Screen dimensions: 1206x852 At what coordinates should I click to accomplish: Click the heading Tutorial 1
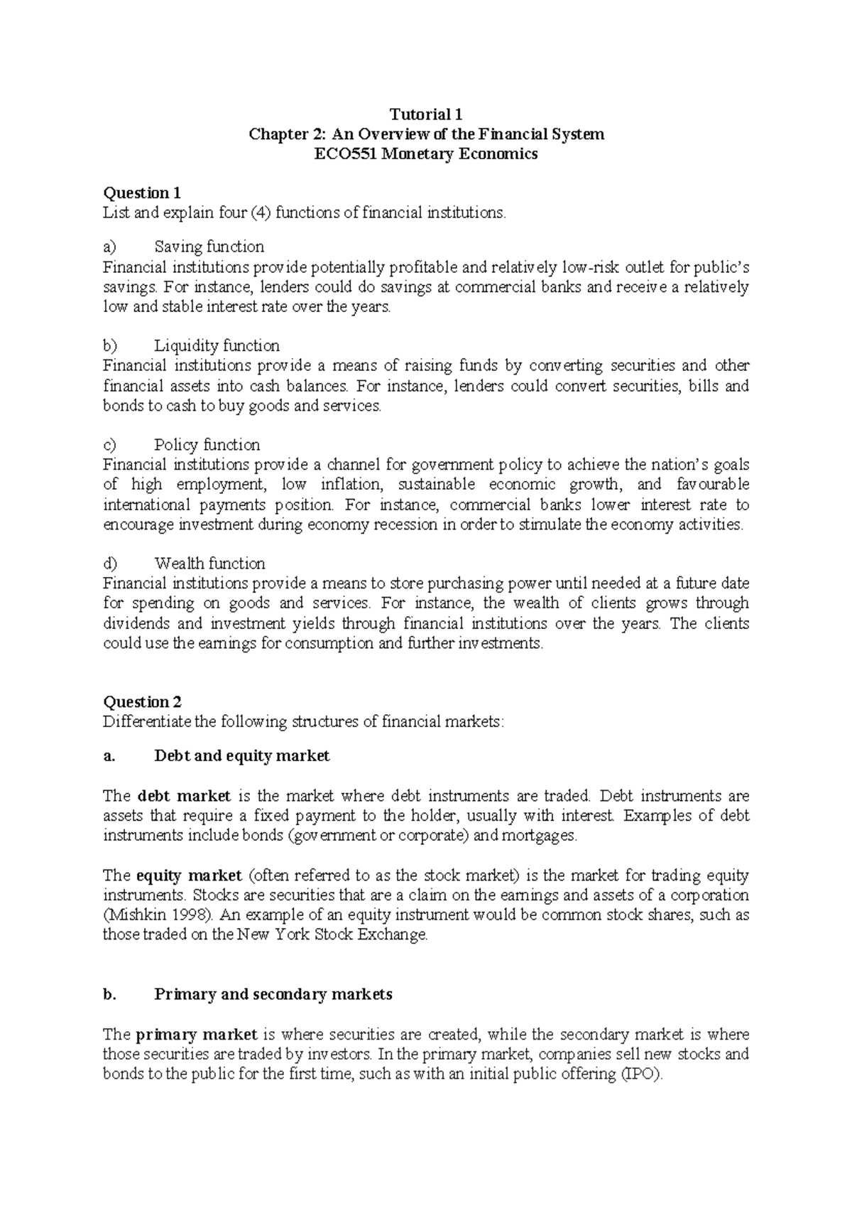(426, 114)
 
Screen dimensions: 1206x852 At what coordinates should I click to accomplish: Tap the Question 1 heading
(142, 193)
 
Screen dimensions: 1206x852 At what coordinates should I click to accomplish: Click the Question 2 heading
(142, 702)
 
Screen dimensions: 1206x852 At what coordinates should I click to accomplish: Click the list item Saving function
(209, 247)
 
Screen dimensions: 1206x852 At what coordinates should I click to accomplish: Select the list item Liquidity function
(217, 346)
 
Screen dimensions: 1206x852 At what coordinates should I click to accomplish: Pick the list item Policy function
(207, 445)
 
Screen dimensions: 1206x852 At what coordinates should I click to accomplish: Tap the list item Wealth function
(209, 564)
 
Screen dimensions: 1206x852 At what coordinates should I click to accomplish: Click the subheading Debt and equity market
(241, 756)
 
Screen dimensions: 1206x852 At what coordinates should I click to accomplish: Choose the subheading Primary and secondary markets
(273, 994)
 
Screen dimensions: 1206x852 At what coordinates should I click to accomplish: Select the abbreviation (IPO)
(642, 1074)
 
